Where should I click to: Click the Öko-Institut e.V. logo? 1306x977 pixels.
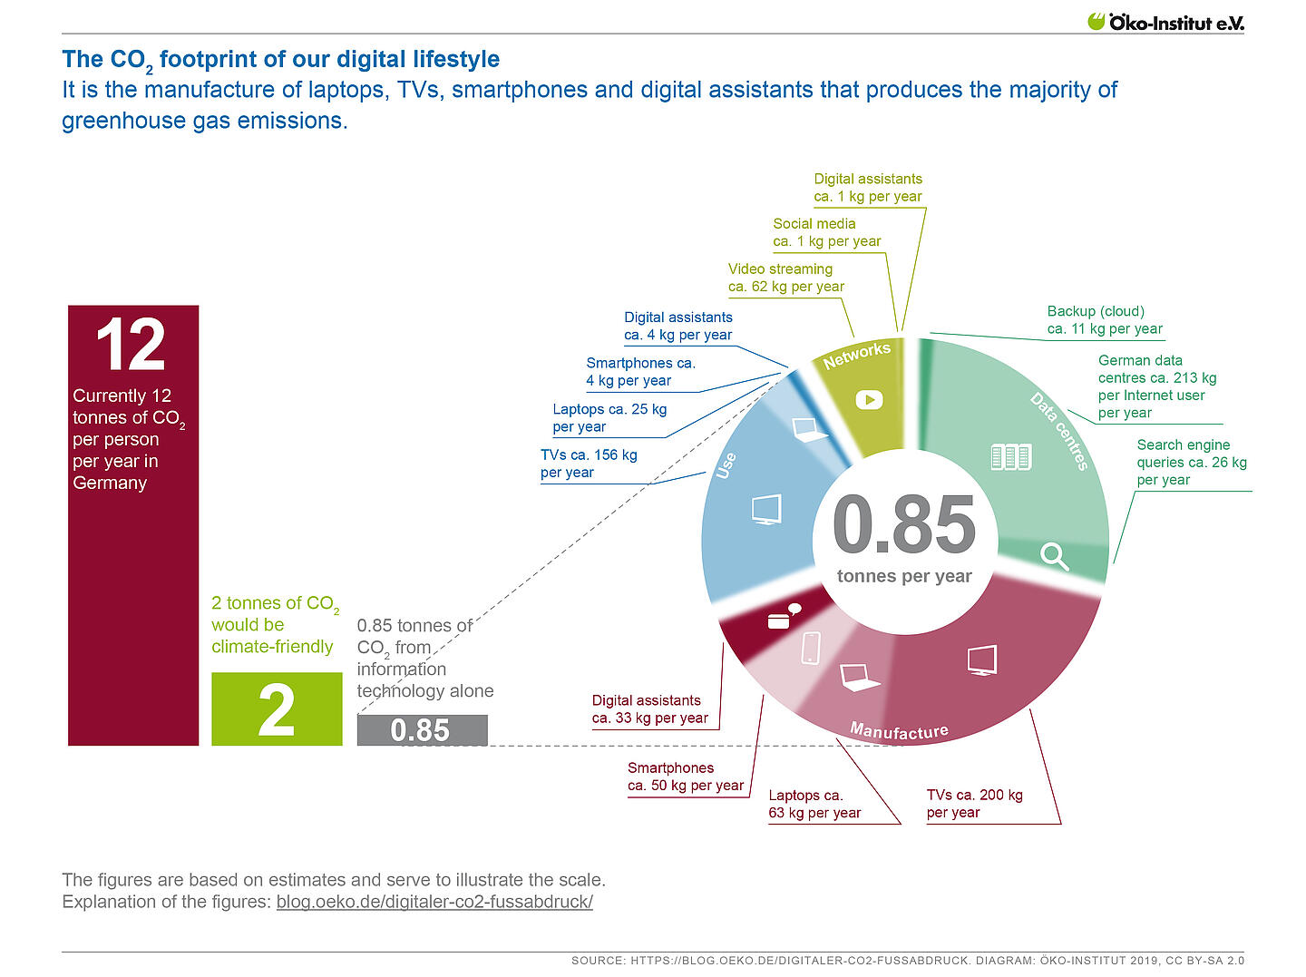(x=1165, y=22)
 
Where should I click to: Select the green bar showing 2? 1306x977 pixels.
(x=277, y=708)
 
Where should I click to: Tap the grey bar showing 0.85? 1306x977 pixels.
(x=422, y=730)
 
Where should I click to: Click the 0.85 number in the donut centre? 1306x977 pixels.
(x=903, y=525)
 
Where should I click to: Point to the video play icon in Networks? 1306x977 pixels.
(x=869, y=399)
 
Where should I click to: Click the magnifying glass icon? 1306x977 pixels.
(x=1054, y=555)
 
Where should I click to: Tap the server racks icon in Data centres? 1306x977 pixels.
(x=1010, y=456)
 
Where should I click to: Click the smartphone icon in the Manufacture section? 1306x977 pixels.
(x=811, y=648)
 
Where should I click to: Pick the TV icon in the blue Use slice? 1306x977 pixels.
(x=766, y=509)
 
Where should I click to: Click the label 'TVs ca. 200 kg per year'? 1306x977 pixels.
(x=974, y=804)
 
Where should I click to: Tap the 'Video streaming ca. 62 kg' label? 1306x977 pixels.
(x=785, y=278)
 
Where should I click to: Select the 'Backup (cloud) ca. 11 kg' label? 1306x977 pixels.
(x=1104, y=320)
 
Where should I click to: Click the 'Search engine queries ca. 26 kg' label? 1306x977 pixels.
(x=1191, y=462)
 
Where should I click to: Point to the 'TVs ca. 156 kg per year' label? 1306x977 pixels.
(x=589, y=464)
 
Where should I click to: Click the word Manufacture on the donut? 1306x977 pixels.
(x=899, y=731)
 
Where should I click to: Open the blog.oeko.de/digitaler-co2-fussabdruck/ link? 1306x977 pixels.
(x=434, y=902)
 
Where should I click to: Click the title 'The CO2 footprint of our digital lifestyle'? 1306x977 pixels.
(x=280, y=60)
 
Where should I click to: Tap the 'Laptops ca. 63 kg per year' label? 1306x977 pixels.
(x=814, y=804)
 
